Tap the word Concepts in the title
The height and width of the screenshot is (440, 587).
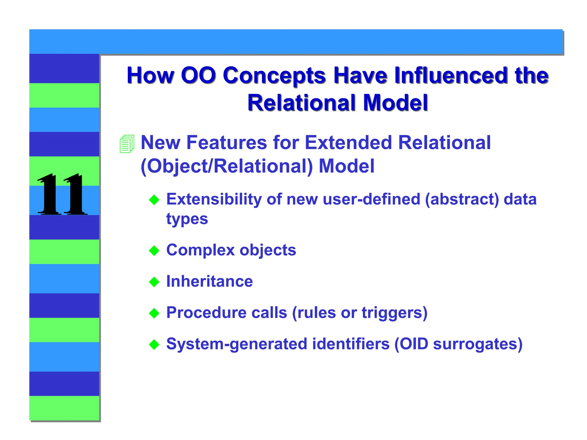[274, 76]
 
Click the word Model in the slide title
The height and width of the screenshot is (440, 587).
[396, 103]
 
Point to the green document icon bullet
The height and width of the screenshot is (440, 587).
[127, 144]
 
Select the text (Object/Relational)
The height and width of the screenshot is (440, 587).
[227, 166]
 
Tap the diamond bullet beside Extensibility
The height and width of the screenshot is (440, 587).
[154, 200]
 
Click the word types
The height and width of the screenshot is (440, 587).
[187, 219]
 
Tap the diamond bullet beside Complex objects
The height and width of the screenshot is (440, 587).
[154, 251]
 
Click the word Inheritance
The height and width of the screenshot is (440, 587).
[210, 281]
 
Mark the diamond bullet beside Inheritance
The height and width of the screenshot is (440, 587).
[154, 282]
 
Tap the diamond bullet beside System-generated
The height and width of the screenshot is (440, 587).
[154, 345]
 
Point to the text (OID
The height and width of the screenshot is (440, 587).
[411, 344]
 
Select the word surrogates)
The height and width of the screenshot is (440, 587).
[478, 344]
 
